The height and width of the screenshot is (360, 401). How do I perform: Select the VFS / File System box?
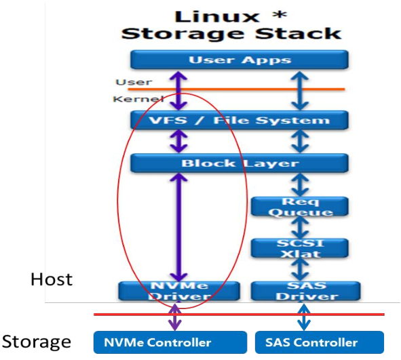click(239, 121)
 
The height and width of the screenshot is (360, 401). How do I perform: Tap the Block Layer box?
click(239, 163)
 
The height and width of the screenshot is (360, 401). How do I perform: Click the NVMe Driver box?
click(179, 291)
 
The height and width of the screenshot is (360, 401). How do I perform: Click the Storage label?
click(36, 342)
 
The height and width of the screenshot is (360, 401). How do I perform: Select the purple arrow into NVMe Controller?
click(175, 315)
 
